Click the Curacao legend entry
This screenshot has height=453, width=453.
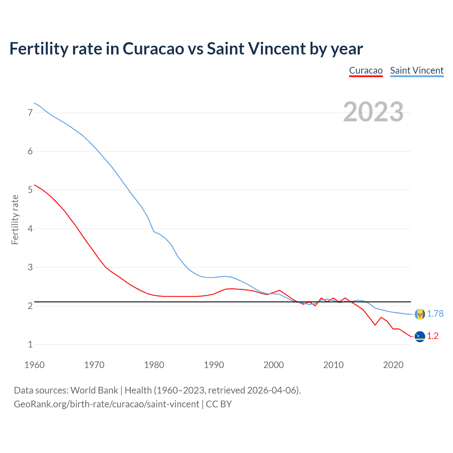(366, 70)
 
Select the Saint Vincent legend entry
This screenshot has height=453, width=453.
(417, 70)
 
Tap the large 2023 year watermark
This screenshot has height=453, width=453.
(373, 112)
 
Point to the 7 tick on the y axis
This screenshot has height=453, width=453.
(30, 113)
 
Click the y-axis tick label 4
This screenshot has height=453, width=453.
(30, 229)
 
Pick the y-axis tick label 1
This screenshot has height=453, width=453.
(30, 344)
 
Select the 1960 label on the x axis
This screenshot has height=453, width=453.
(34, 365)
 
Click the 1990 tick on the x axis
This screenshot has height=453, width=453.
(214, 365)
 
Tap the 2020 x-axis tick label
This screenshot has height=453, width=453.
(393, 365)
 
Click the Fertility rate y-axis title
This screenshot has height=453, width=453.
(15, 219)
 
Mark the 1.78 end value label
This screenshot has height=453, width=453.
(435, 314)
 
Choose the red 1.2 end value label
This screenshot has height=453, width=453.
(432, 336)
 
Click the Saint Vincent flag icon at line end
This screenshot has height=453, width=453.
(420, 314)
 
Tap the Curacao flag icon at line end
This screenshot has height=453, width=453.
(420, 336)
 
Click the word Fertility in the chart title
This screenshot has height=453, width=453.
(38, 48)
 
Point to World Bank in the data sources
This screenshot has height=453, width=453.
(94, 390)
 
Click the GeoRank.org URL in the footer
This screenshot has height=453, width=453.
(106, 404)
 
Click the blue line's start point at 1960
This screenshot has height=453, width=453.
(34, 103)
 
